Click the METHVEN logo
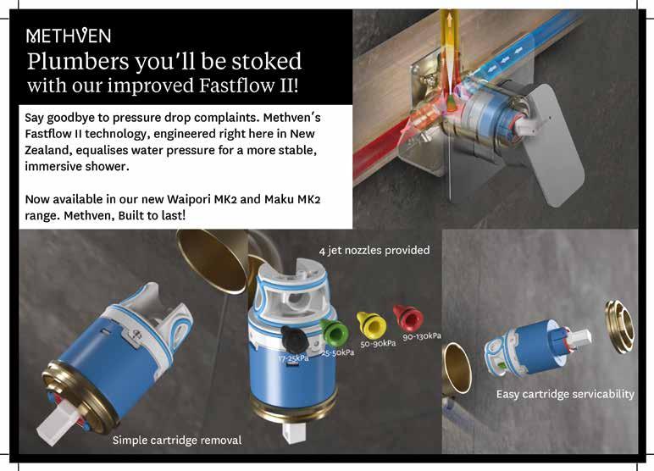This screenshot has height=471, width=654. coord(69,36)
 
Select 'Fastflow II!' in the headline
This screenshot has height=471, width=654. coord(248,85)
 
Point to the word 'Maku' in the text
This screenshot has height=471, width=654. coord(279,199)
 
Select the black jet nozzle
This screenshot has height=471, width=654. coord(295,339)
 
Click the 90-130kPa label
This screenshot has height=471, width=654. coord(422,335)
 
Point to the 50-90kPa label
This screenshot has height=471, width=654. coord(378,343)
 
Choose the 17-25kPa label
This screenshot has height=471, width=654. coord(294,358)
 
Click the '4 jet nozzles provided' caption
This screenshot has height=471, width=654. coord(374,250)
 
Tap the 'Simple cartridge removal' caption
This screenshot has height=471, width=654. coord(177,441)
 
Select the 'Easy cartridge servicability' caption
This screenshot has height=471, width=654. coord(565,394)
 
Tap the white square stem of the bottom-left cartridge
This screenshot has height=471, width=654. coord(56,422)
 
